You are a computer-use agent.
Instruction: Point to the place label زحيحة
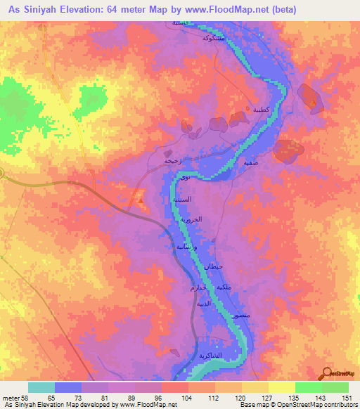[x=172, y=160]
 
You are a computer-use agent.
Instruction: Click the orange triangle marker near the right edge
[x=313, y=103]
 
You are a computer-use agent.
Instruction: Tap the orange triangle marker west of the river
[x=141, y=202]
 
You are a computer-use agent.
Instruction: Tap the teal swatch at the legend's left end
[x=41, y=387]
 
